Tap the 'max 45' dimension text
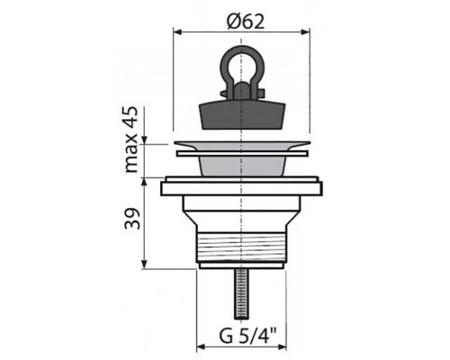[131, 139]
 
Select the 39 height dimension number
[131, 219]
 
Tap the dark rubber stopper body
[241, 115]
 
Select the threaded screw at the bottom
[241, 294]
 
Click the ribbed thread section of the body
[241, 247]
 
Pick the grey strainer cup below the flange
[242, 166]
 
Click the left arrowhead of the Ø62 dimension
[178, 32]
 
